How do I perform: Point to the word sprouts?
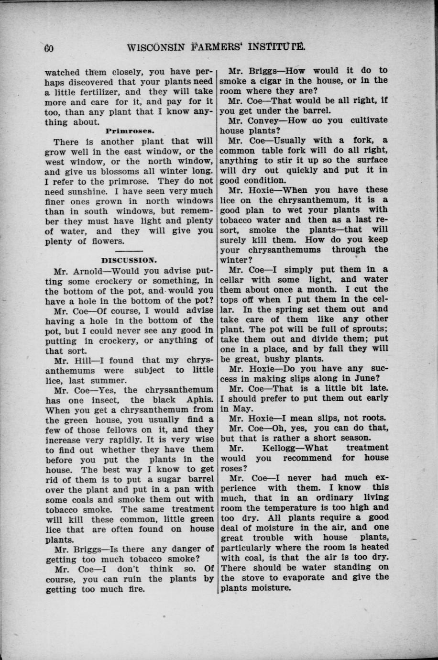359,329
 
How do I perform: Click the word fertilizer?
100,92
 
